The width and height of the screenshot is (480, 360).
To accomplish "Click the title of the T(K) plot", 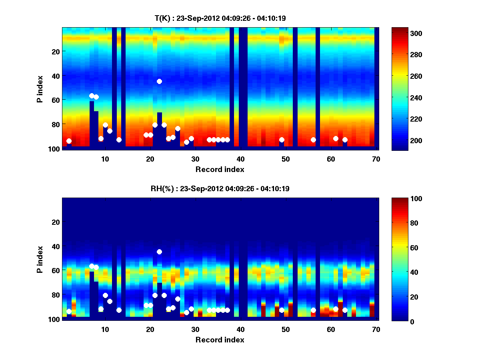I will coord(220,18).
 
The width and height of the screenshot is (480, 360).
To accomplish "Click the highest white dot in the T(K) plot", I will coord(159,81).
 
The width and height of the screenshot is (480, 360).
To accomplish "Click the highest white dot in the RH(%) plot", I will coord(159,252).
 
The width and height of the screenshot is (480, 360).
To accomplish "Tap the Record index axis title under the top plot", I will coord(220,169).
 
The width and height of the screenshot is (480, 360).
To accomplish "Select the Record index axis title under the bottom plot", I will coord(220,340).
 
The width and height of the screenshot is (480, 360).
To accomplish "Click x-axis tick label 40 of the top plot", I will coord(240,159).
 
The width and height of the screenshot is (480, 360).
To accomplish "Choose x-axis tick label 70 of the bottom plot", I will coord(376,329).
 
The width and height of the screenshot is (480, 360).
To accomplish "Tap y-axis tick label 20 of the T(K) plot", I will coord(55,51).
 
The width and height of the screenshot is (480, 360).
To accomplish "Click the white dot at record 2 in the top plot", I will coord(69,141).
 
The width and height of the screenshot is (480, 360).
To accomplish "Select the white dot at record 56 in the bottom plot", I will coord(313,310).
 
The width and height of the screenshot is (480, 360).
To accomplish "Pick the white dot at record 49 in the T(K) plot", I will coord(282,140).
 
